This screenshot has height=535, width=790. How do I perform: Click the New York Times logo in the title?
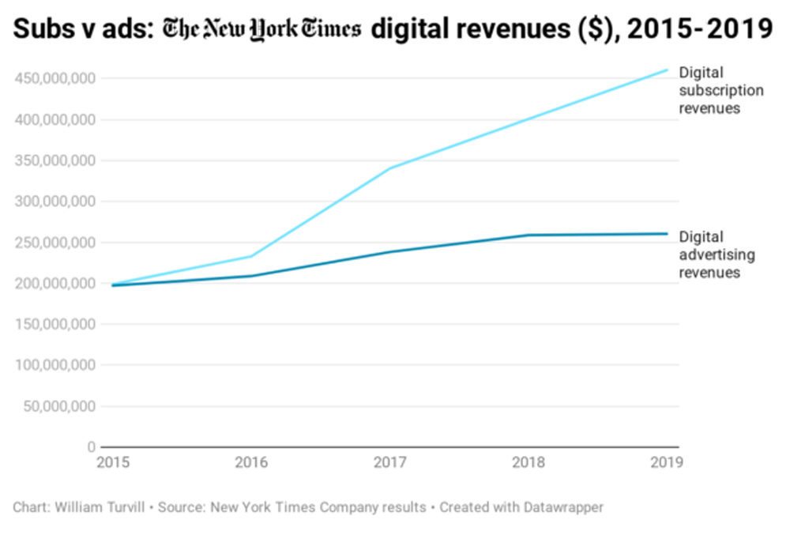(x=261, y=30)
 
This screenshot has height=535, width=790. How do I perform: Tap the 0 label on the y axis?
(x=92, y=447)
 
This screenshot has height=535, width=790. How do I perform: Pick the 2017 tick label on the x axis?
(x=390, y=462)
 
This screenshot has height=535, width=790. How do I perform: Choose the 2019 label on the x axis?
(x=664, y=462)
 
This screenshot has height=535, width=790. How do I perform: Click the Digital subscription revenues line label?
(x=720, y=90)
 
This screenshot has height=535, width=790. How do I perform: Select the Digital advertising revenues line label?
(x=717, y=254)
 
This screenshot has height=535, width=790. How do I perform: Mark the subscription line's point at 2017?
(x=390, y=168)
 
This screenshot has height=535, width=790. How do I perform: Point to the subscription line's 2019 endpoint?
(x=668, y=70)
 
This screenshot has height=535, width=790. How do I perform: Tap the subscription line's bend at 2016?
(x=251, y=256)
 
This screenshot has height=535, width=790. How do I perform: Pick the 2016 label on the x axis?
(x=251, y=462)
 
